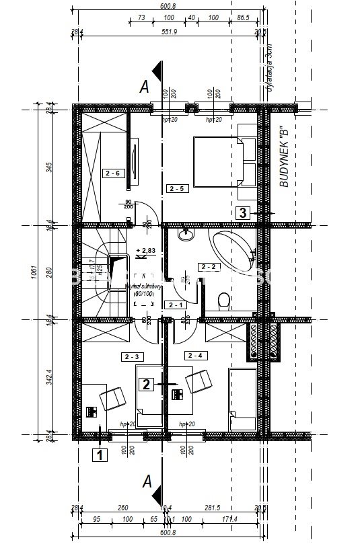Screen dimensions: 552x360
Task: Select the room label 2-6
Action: tap(112, 173)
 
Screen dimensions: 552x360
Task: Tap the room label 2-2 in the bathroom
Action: tap(209, 267)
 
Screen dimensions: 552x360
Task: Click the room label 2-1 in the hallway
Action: tap(176, 305)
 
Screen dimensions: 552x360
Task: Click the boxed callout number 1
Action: tap(100, 455)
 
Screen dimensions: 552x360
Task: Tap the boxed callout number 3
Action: tap(243, 214)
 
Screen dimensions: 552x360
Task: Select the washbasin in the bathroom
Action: tap(185, 236)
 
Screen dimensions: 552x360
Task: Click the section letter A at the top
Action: tap(143, 86)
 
